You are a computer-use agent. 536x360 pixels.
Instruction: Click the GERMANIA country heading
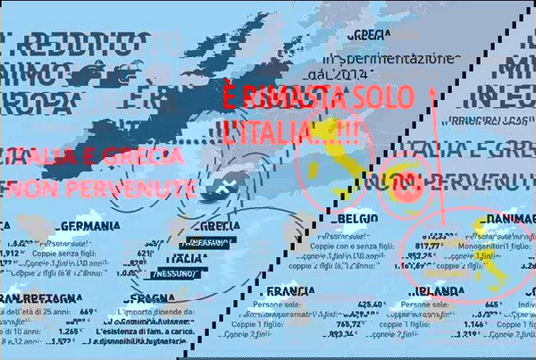coord(90,227)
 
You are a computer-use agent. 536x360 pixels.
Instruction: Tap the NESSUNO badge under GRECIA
coord(206,243)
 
